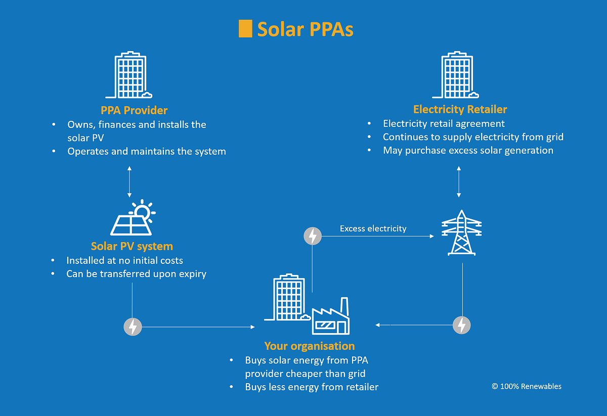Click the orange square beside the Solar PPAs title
245,29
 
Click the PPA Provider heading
134,110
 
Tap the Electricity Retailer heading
460,109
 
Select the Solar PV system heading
132,246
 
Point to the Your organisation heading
309,346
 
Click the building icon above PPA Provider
129,74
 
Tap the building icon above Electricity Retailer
456,74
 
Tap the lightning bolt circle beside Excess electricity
312,236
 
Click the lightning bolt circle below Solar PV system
133,327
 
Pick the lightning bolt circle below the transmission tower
461,325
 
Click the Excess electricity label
373,228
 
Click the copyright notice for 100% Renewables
526,386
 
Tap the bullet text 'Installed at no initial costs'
124,260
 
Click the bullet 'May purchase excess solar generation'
468,150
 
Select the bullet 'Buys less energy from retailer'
312,387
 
